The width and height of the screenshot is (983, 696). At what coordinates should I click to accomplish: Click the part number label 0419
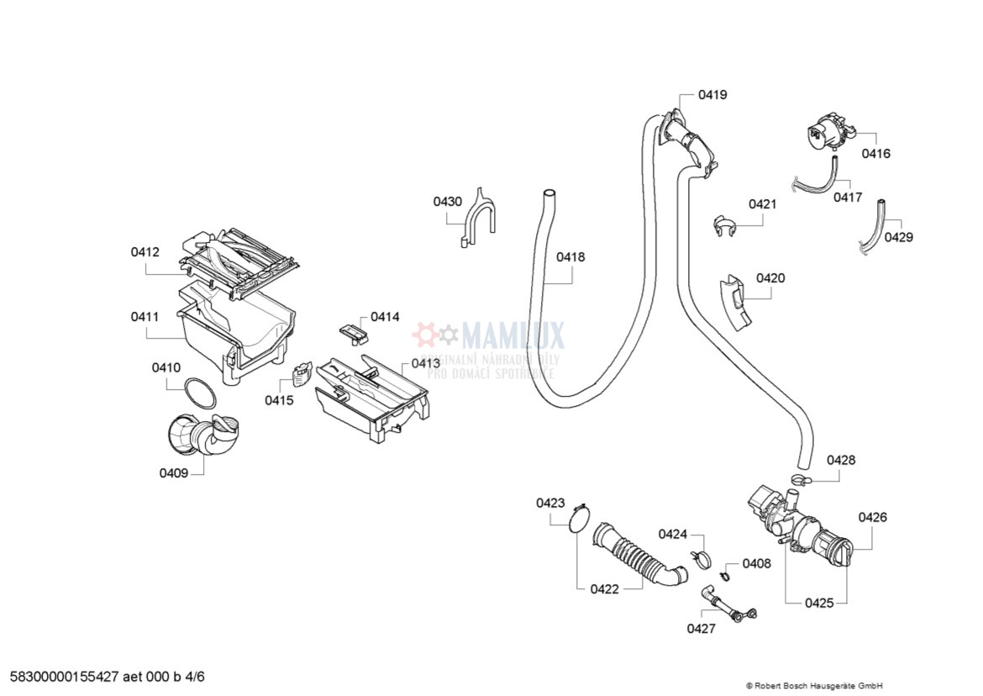712,95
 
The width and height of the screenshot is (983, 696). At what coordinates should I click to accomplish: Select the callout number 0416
875,154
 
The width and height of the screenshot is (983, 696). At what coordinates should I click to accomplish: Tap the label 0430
447,202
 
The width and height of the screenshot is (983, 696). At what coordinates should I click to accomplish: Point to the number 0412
145,251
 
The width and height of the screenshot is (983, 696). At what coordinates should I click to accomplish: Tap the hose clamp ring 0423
576,518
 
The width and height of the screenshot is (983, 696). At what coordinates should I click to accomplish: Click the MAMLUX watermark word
513,335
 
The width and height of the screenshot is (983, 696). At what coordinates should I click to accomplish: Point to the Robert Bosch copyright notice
813,685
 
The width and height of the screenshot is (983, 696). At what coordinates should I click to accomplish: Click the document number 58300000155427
66,676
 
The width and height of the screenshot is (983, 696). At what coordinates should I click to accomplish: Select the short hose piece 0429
873,226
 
